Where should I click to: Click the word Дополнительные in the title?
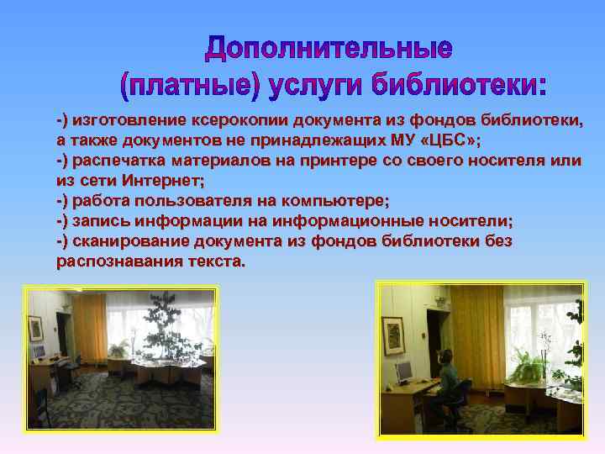pos(329,49)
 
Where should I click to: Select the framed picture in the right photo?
pos(392,332)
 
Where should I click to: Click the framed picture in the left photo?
pos(35,327)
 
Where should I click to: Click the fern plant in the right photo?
pos(530,367)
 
